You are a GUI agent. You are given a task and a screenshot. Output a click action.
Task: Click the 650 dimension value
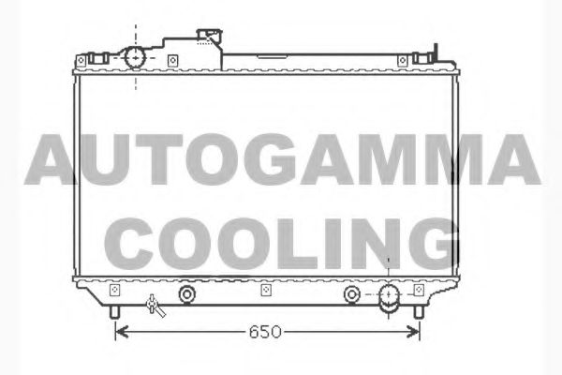265,332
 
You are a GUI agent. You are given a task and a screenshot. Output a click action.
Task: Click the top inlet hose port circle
136,59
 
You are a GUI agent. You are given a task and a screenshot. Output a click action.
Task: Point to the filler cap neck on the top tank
208,37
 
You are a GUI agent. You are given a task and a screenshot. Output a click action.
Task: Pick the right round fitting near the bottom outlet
351,294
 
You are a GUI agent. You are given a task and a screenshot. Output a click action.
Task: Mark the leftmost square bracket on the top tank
81,63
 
